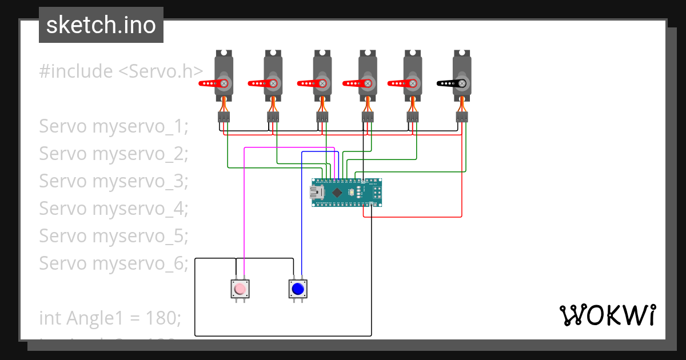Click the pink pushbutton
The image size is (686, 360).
(240, 289)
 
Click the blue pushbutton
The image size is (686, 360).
(297, 289)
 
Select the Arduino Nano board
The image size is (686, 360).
(346, 193)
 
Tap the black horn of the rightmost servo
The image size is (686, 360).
(450, 83)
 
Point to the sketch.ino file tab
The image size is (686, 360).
(101, 25)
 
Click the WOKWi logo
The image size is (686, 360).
(607, 315)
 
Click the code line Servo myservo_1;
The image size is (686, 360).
(113, 126)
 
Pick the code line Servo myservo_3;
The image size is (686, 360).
(113, 181)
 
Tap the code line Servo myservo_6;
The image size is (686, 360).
(113, 263)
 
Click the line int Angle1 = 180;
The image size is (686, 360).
(110, 317)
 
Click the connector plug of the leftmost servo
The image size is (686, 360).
(224, 117)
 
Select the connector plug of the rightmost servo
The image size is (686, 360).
(462, 117)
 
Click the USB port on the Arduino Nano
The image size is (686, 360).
(316, 193)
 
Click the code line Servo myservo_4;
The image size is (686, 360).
(113, 209)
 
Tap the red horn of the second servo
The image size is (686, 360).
(261, 83)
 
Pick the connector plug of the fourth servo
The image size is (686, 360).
(368, 117)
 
